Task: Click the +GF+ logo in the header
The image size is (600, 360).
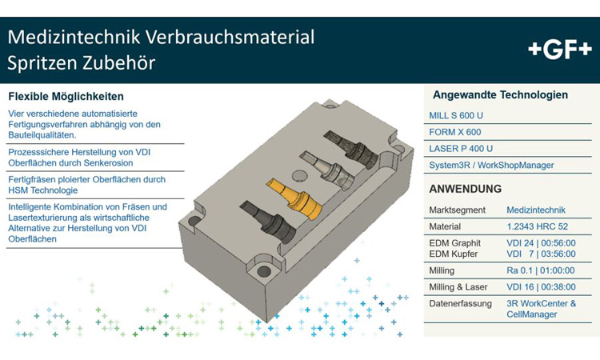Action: pos(560,49)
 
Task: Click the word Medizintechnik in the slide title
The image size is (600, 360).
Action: pos(70,37)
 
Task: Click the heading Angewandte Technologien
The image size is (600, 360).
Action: pos(500,95)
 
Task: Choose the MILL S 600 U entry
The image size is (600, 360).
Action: pos(456,115)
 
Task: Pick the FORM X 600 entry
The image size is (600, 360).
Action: pos(455,132)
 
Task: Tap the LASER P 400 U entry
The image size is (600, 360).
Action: pos(461,149)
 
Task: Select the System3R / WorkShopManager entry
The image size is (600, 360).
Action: pos(491,166)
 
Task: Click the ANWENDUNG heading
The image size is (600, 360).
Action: pos(466,190)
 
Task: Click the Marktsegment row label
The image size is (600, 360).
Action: pos(456,210)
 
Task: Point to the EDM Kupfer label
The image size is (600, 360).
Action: pos(454,254)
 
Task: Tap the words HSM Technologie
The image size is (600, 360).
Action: pos(42,190)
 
